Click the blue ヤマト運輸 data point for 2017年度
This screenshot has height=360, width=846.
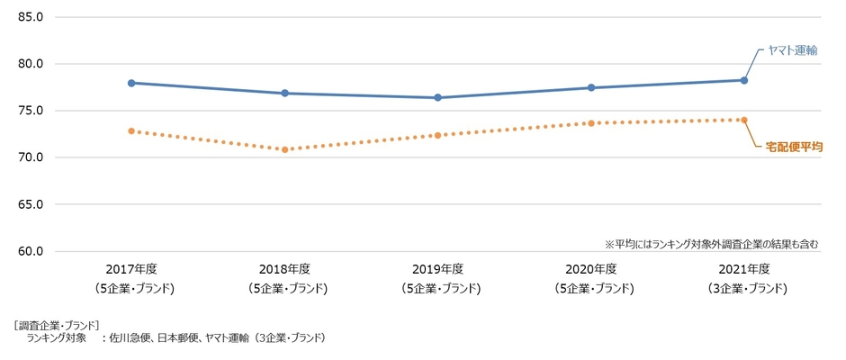[x=131, y=83]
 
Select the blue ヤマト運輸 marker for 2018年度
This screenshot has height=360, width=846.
[x=284, y=93]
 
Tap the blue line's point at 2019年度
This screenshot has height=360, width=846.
[x=437, y=97]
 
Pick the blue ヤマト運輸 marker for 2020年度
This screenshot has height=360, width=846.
[x=591, y=87]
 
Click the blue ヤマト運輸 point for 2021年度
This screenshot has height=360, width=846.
[x=744, y=80]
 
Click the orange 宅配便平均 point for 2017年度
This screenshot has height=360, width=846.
[x=131, y=130]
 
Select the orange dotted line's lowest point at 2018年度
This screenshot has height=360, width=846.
[x=284, y=149]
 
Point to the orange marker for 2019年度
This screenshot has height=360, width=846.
[x=437, y=135]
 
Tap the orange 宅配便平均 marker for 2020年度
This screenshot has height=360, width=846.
[x=591, y=123]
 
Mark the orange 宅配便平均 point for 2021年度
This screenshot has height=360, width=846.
[x=744, y=120]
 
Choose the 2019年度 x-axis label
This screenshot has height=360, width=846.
[x=437, y=269]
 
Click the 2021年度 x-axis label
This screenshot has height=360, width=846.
[x=744, y=269]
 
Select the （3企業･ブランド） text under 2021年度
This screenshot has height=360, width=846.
[x=744, y=289]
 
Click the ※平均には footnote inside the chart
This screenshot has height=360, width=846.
[x=710, y=243]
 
